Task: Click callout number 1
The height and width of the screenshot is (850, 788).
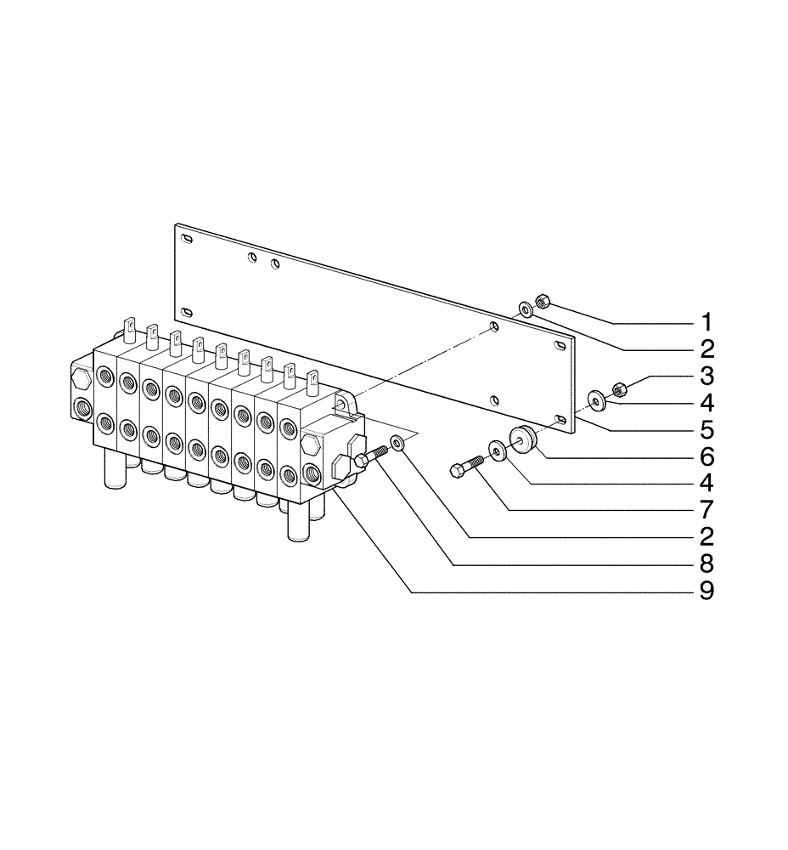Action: (x=706, y=323)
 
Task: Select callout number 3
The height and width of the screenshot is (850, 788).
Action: (x=706, y=376)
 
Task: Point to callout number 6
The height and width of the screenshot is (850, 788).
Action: (x=706, y=456)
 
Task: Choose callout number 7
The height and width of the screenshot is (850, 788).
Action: (x=706, y=509)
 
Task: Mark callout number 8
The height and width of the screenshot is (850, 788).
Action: (x=706, y=563)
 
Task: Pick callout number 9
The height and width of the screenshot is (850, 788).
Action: (x=706, y=590)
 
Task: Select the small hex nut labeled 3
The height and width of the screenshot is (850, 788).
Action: (x=619, y=389)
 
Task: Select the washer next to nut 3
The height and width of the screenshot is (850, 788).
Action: (x=597, y=398)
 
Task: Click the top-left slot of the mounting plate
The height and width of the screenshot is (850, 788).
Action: (x=187, y=239)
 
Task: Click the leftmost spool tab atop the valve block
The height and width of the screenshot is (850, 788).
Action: (x=130, y=325)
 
